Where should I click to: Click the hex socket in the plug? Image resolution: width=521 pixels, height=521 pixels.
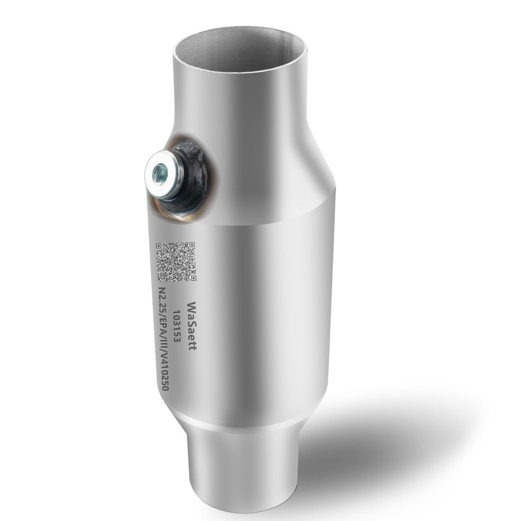pyautogui.click(x=160, y=173)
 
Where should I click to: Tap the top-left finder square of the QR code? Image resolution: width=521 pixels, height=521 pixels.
pyautogui.click(x=162, y=247)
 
